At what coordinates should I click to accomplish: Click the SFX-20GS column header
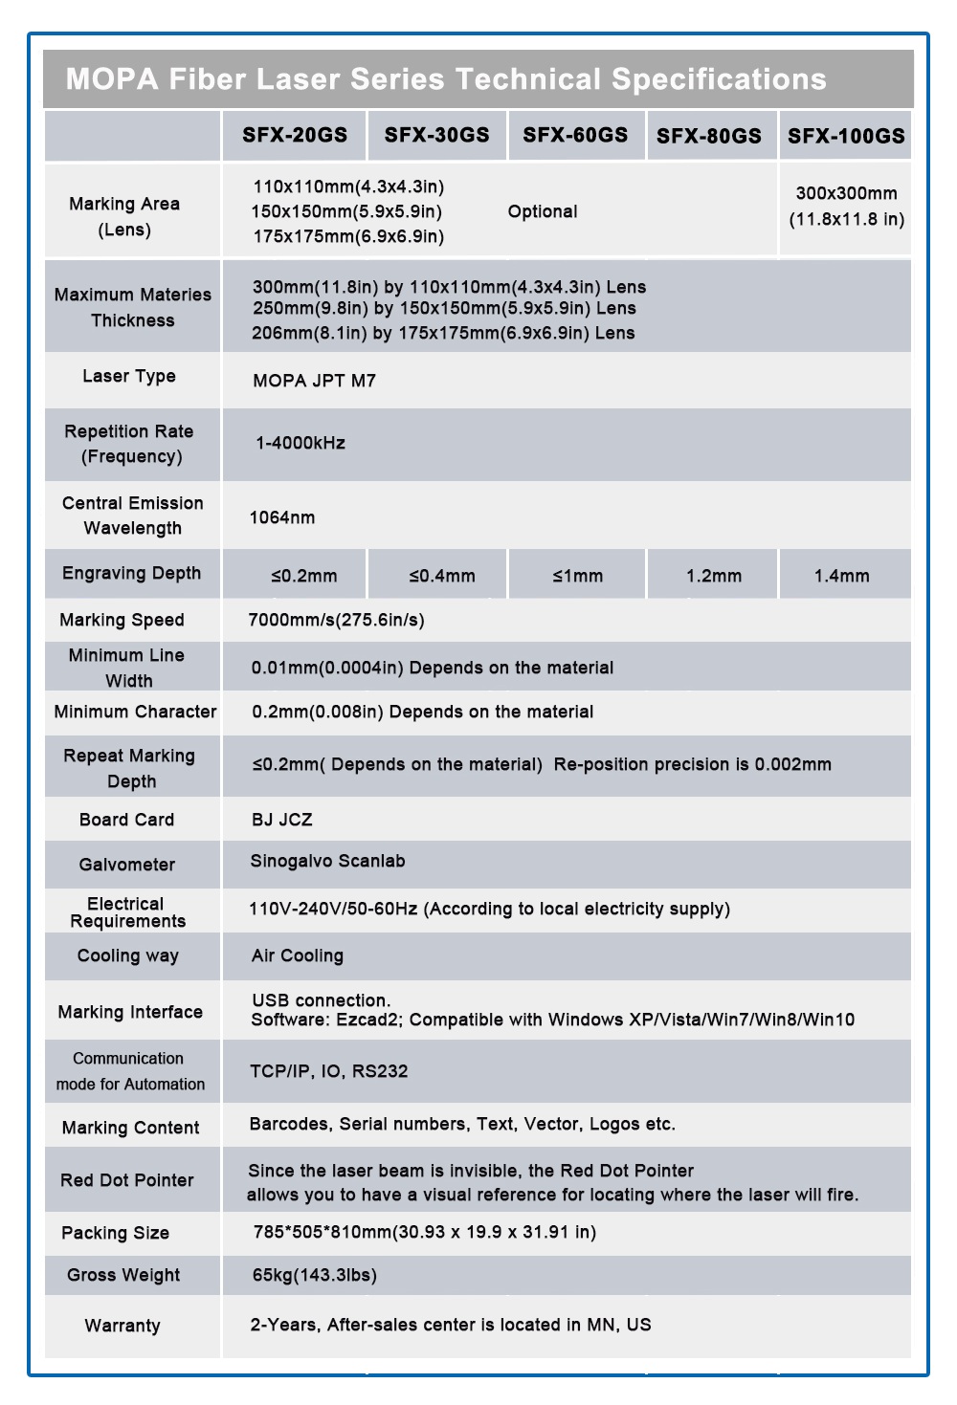295,135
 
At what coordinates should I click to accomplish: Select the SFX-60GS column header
575,135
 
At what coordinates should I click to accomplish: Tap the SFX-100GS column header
846,136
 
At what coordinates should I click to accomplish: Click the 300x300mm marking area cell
846,206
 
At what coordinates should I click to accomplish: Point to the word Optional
543,211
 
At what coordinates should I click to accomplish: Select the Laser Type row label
129,376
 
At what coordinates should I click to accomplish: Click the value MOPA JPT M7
314,381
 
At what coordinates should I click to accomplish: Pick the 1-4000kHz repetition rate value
300,443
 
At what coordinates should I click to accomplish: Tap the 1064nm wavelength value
282,517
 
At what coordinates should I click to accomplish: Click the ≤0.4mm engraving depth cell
442,576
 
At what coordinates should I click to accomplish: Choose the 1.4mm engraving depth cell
842,576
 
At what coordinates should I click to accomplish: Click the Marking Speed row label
122,620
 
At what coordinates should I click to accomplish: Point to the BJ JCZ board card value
282,820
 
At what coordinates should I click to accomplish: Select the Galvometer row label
127,865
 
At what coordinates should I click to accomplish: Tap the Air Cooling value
298,955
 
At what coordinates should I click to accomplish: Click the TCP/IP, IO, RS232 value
329,1071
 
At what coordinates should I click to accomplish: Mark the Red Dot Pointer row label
127,1180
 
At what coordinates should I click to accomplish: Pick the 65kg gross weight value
315,1275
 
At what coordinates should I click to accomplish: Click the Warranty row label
122,1326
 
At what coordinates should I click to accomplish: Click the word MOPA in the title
112,78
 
